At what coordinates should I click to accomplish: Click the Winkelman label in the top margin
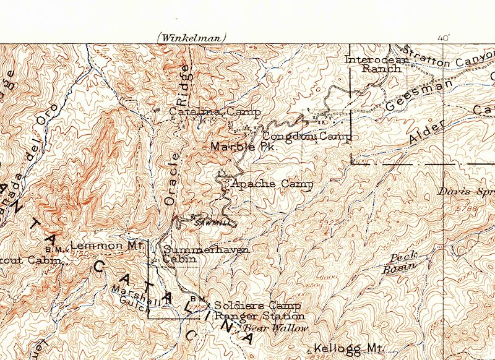click(192, 38)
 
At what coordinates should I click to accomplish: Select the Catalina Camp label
click(213, 113)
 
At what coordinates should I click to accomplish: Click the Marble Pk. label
click(242, 147)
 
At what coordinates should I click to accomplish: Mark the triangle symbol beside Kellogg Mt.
click(309, 350)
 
